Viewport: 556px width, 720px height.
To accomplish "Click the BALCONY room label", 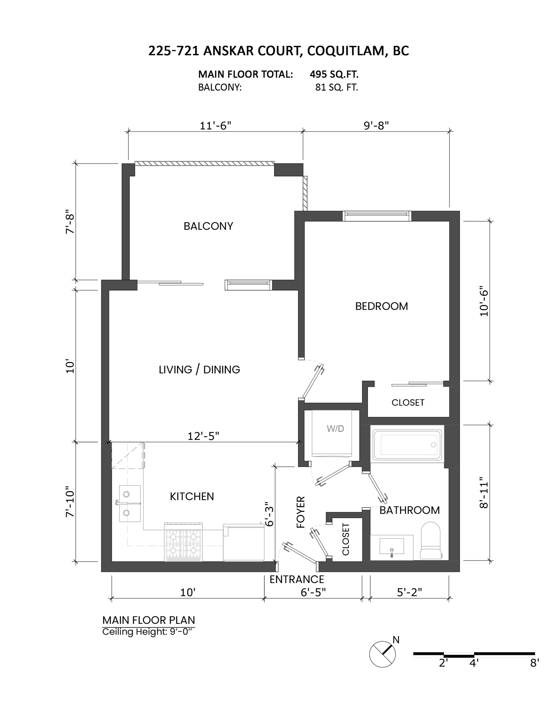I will tap(208, 226).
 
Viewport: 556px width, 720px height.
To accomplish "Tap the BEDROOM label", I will tap(381, 306).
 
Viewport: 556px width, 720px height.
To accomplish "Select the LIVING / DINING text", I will tap(199, 370).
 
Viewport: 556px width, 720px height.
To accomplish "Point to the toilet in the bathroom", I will tap(430, 541).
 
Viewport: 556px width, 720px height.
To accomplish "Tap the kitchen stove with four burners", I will tap(183, 542).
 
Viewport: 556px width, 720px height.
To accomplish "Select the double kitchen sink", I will tap(130, 504).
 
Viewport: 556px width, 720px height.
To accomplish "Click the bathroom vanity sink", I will tap(391, 547).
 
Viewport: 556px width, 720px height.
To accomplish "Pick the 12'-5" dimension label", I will tap(203, 436).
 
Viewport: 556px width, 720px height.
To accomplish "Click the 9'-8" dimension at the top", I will tap(376, 126).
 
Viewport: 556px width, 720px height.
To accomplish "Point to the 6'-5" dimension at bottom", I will tap(313, 592).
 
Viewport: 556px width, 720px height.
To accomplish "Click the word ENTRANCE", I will tap(297, 579).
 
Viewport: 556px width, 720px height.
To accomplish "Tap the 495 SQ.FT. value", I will tap(334, 74).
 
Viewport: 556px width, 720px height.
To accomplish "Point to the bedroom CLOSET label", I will tap(408, 402).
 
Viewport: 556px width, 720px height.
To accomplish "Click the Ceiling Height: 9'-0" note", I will tap(147, 632).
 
